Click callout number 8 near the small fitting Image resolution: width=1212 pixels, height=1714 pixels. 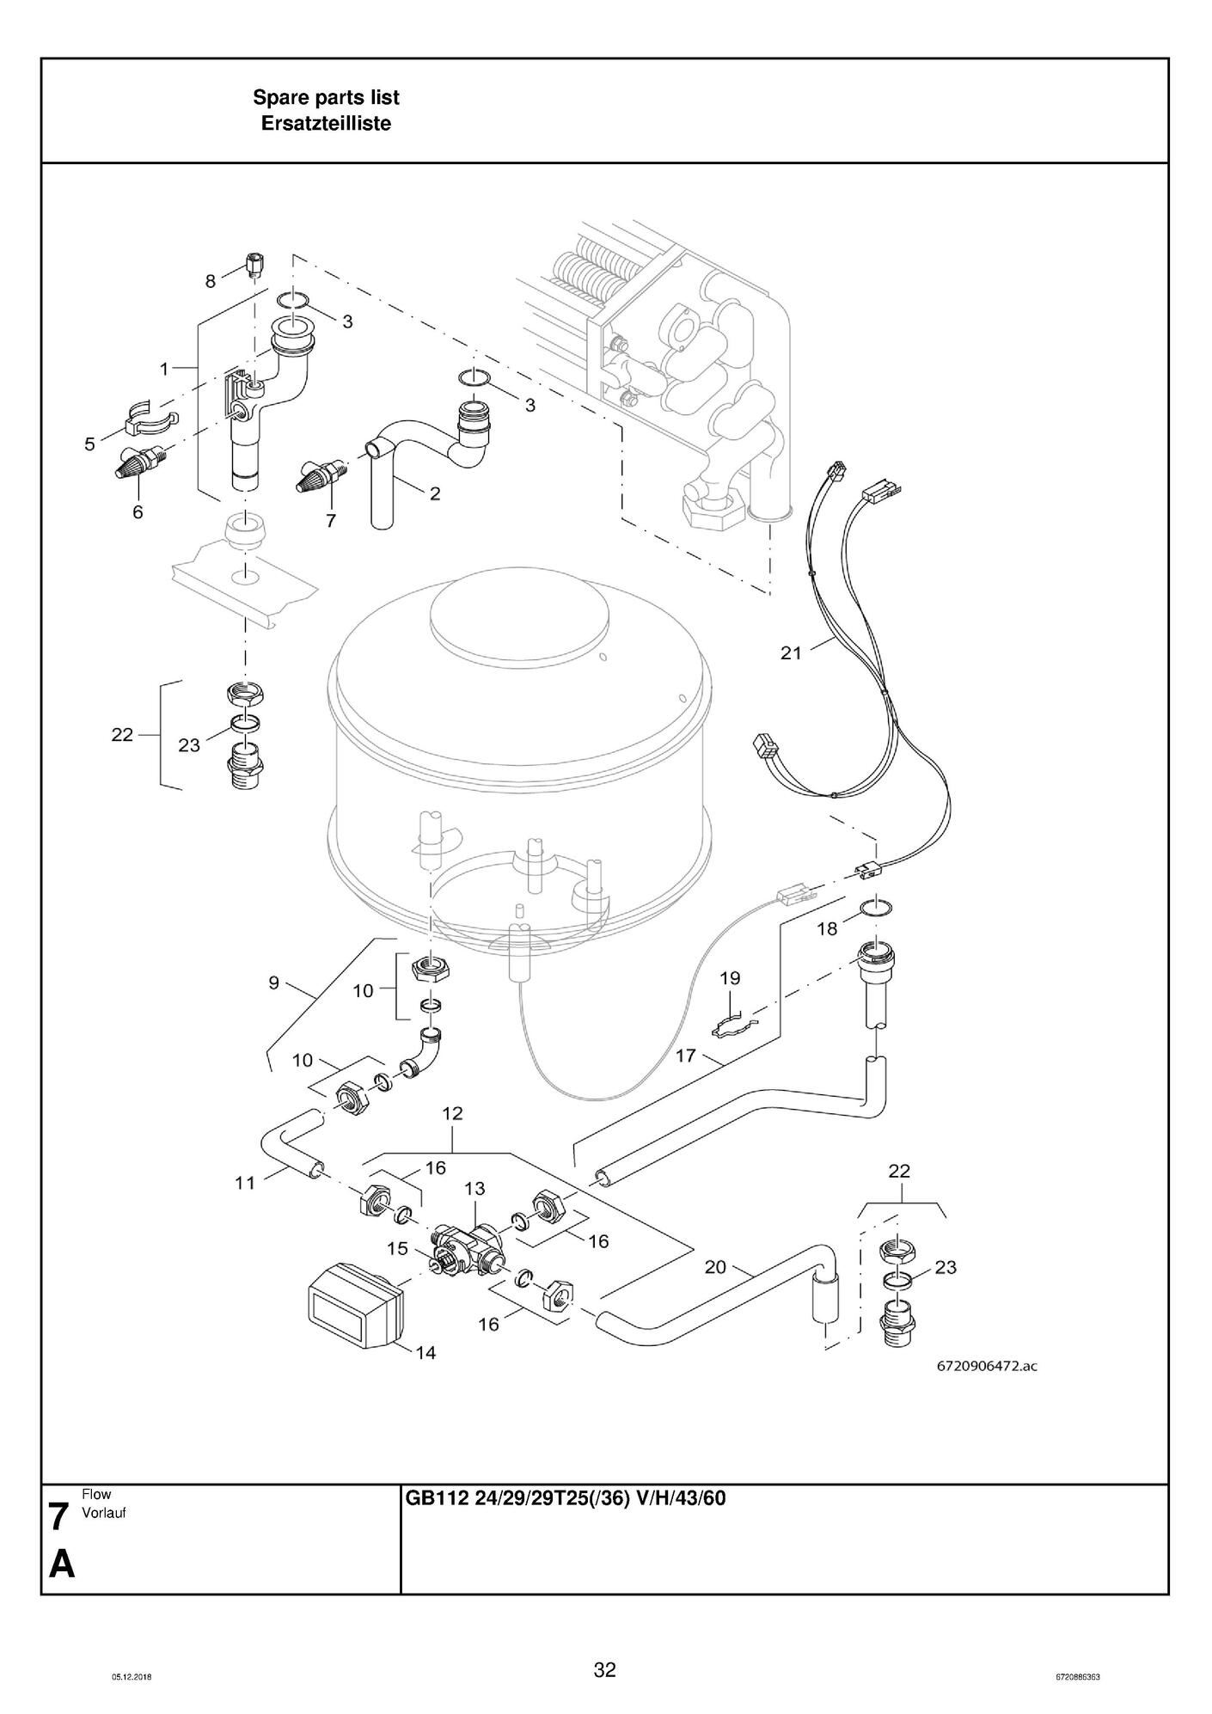coord(211,281)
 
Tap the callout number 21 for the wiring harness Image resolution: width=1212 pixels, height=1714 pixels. coord(791,652)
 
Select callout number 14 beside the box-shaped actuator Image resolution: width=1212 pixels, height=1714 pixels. coord(425,1353)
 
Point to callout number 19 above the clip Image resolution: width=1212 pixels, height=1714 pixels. coord(730,977)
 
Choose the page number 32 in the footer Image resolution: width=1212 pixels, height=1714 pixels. coord(605,1669)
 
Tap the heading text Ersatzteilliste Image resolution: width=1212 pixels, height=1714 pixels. coord(326,123)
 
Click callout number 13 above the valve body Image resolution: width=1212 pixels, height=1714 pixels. coord(474,1188)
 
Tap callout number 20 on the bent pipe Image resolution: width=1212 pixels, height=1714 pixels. coord(715,1266)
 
